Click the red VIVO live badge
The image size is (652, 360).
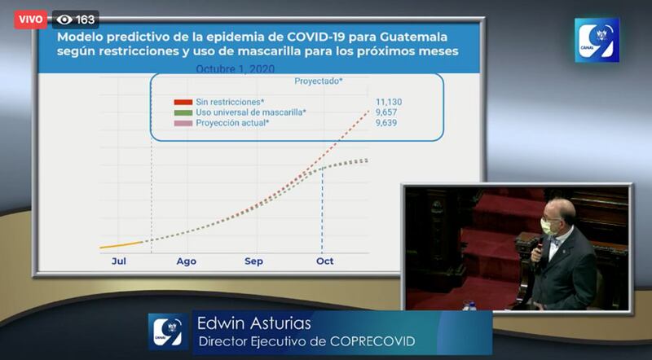pos(30,20)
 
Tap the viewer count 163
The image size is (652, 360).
pos(86,20)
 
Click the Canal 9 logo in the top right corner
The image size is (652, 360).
pos(597,40)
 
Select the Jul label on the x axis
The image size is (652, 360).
pos(118,261)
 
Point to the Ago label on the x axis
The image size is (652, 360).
pos(187,261)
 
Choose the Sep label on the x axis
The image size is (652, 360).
pos(253,261)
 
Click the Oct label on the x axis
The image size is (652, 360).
pos(324,261)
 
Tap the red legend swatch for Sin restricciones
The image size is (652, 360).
pos(183,102)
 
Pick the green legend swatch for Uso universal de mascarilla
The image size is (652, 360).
pos(183,112)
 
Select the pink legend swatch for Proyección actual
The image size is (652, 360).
pos(183,123)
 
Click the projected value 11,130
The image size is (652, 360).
pos(389,102)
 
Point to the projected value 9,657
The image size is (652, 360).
pos(386,112)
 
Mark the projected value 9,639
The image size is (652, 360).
pos(386,123)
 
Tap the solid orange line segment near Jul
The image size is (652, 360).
pos(121,245)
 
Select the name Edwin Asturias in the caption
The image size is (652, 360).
pos(254,323)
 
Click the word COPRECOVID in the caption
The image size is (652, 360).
pos(372,342)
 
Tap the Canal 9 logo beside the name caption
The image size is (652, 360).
pos(168,331)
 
